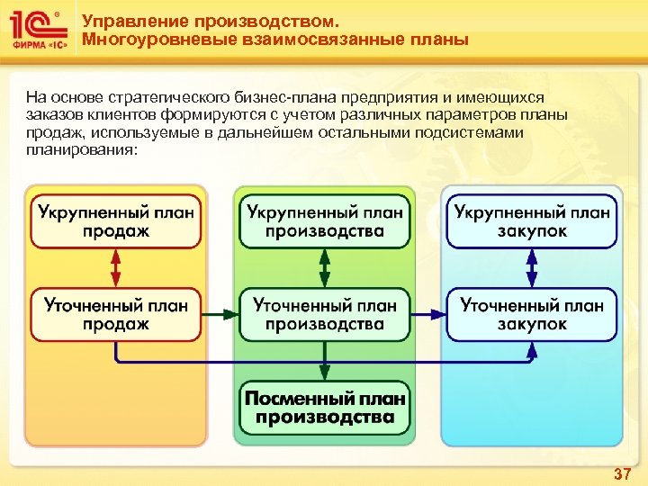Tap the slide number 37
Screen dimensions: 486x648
[x=622, y=473]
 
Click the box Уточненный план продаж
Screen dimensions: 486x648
[x=116, y=314]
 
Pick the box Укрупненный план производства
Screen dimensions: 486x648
[x=324, y=221]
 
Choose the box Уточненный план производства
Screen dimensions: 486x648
[x=324, y=314]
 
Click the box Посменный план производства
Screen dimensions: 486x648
[x=324, y=408]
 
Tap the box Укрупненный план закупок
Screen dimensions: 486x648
[x=532, y=221]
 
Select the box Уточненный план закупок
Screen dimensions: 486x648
[x=532, y=314]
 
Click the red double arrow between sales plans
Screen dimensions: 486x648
[x=116, y=268]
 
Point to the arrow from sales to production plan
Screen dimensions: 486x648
[x=220, y=314]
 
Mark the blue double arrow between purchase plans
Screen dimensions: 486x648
[x=532, y=268]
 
